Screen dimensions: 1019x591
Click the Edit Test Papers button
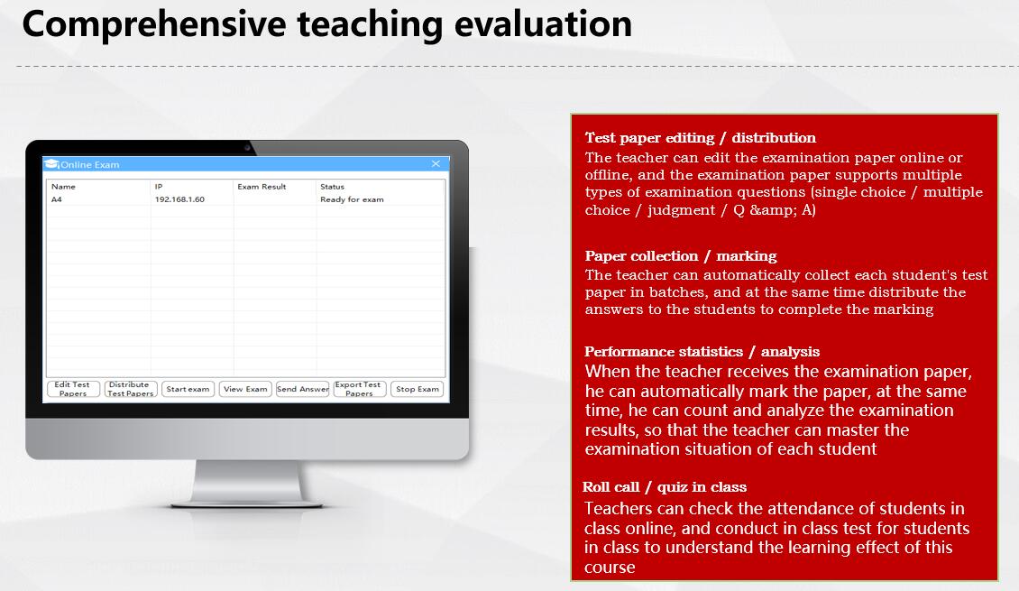[73, 389]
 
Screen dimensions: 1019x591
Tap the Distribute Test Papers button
[131, 389]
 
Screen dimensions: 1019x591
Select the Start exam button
[188, 389]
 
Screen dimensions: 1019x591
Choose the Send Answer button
[303, 389]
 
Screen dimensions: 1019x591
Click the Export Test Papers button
[360, 389]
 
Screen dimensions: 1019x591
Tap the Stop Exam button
[418, 389]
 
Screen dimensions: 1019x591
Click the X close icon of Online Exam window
[436, 164]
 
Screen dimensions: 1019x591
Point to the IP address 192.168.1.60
[179, 199]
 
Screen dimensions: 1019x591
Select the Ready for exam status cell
[352, 199]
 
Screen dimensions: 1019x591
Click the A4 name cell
[57, 199]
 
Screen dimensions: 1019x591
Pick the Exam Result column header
[262, 187]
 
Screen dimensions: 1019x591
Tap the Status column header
[332, 187]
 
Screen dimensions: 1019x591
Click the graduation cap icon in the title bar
[52, 164]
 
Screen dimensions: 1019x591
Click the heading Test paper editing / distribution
[700, 138]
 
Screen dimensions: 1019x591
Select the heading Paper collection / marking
[681, 256]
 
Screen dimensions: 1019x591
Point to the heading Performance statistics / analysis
[702, 352]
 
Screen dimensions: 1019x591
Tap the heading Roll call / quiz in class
[665, 487]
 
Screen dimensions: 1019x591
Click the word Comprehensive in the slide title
[154, 24]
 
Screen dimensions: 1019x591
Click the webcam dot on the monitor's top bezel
[247, 148]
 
